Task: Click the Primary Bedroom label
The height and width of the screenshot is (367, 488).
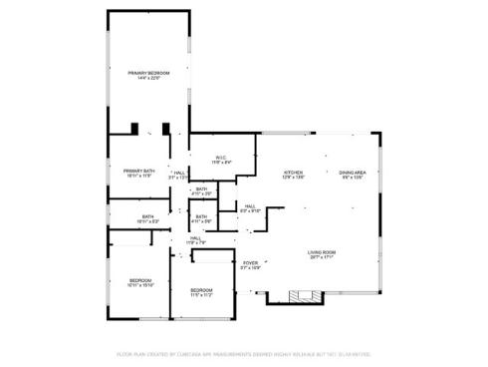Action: coord(146,74)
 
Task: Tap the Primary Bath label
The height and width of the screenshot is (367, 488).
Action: coord(138,171)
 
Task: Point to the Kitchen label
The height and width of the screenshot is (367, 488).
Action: coord(293,172)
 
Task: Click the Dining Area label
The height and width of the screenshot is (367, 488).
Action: coord(353,172)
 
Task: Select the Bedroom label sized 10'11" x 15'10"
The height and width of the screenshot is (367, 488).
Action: coord(139,281)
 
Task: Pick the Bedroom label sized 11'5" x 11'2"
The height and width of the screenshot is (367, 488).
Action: coord(201,290)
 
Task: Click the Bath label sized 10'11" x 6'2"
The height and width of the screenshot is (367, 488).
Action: coord(147,216)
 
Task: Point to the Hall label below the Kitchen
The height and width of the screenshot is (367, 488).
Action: coord(250,206)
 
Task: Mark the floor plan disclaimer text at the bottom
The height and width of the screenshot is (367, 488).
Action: coord(244,353)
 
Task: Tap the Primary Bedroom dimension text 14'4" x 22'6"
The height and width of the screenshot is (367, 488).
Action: coord(146,79)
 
